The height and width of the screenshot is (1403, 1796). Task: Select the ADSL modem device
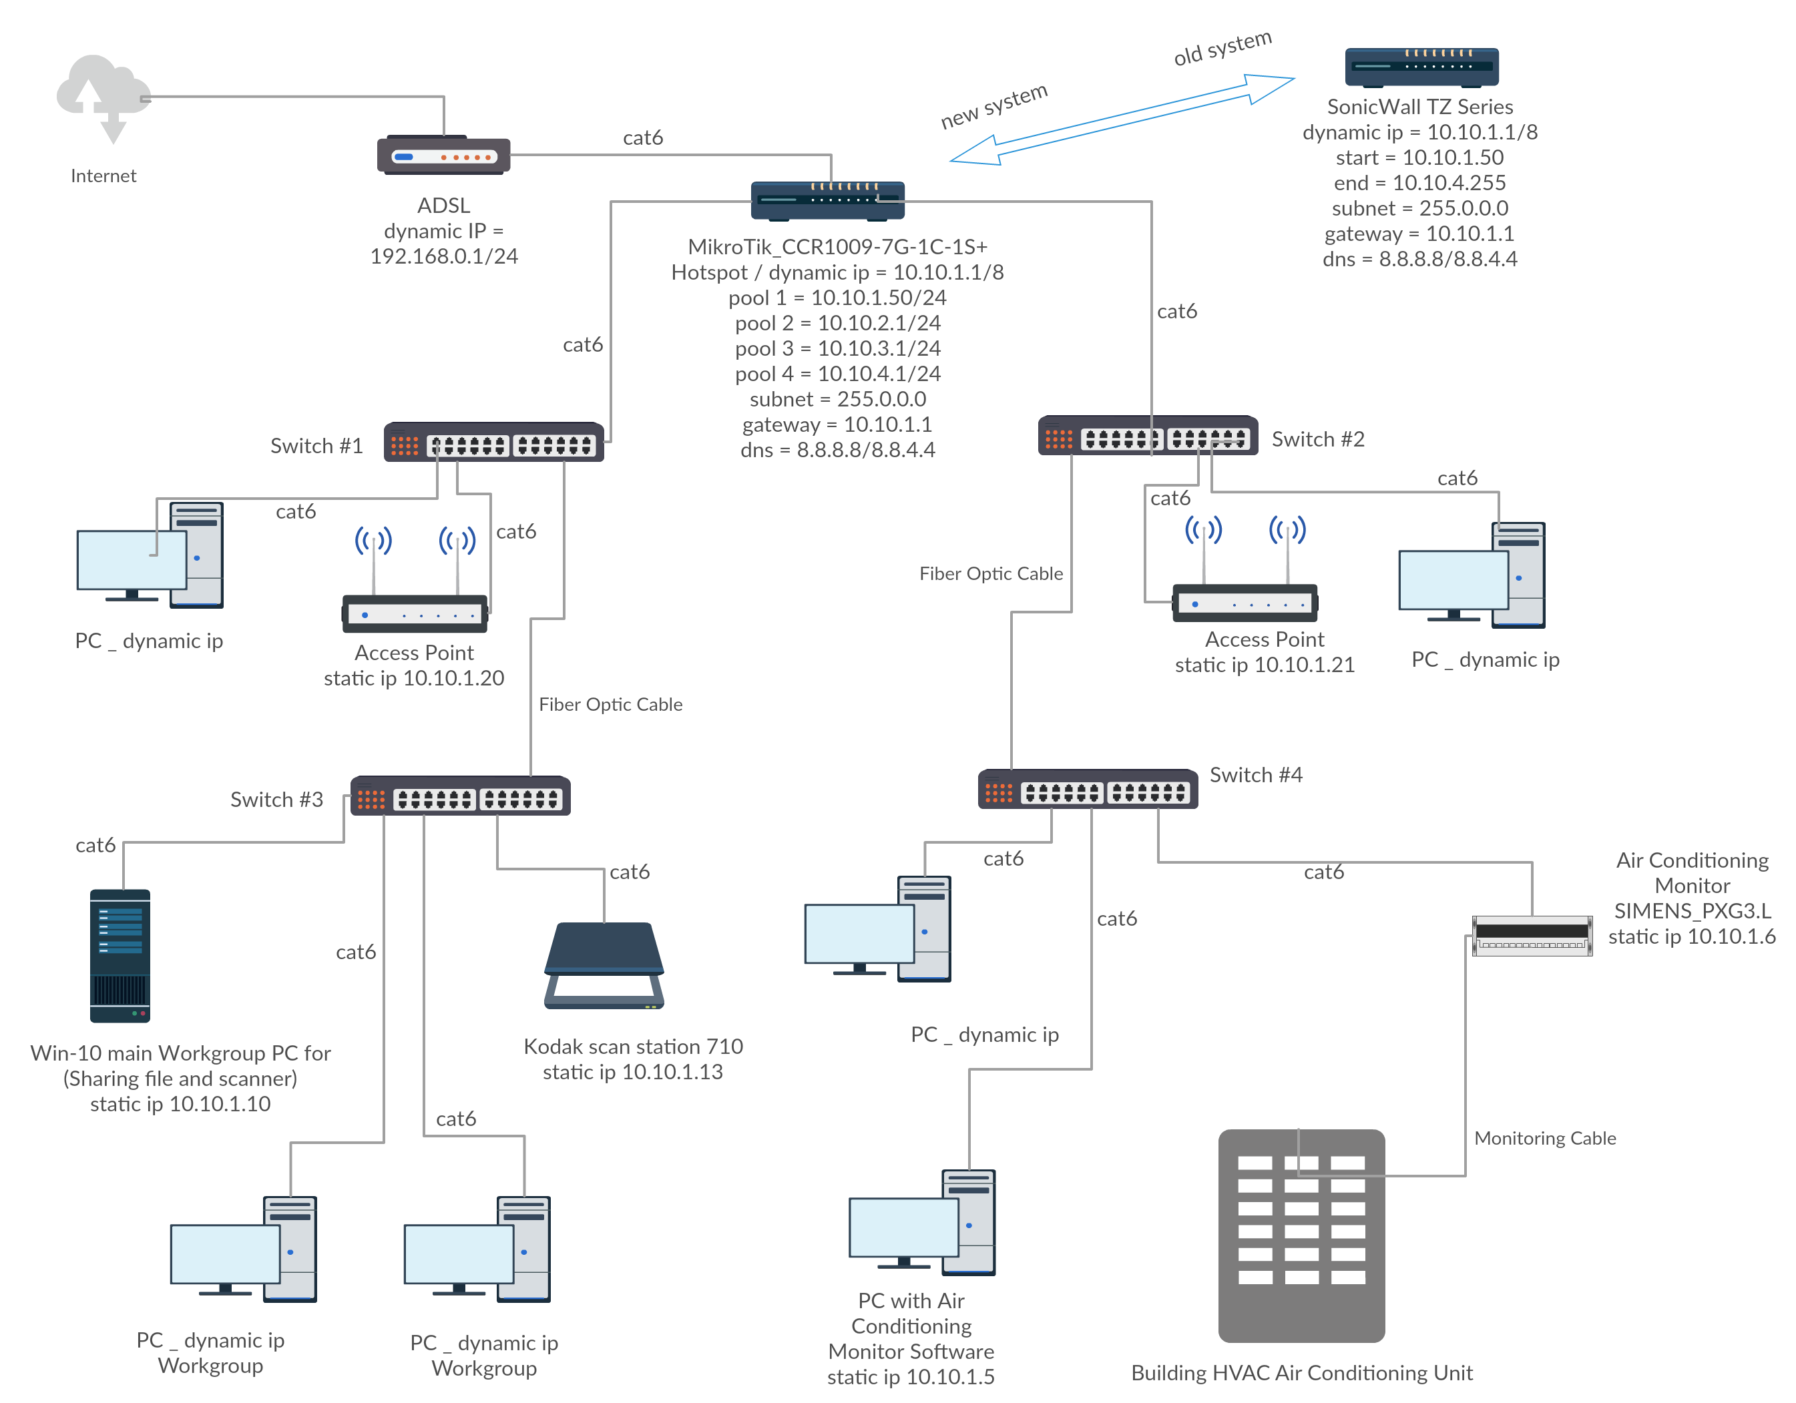coord(443,156)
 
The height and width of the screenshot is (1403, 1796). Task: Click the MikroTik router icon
coord(827,200)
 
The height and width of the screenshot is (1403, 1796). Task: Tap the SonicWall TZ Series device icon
coord(1421,67)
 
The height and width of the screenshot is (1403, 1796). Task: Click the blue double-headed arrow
coord(1122,120)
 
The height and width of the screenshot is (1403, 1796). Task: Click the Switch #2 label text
coord(1317,440)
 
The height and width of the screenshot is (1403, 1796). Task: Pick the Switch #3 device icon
coord(460,796)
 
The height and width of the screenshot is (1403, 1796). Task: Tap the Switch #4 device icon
coord(1087,790)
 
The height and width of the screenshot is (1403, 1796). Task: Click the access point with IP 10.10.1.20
coord(415,612)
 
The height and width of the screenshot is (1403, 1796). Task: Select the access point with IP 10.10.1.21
coord(1245,603)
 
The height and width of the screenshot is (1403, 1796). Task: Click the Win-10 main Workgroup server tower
coord(120,956)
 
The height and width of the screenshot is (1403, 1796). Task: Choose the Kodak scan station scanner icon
coord(604,966)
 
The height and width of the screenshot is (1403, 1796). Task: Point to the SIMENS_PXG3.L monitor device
coord(1531,935)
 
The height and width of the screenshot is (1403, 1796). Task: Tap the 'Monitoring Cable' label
coord(1544,1138)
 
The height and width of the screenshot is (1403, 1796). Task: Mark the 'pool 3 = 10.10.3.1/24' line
coord(837,348)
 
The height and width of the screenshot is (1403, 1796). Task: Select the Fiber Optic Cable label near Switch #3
coord(610,704)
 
